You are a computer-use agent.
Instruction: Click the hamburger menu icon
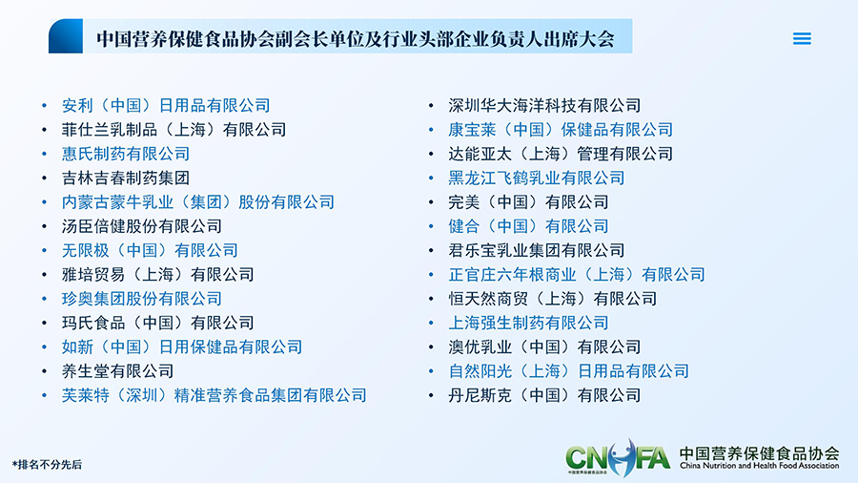point(802,38)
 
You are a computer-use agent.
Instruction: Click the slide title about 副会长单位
point(356,39)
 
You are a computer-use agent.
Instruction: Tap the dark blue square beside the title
point(66,36)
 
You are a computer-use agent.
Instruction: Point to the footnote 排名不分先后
point(47,465)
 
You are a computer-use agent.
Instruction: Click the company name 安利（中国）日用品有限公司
point(166,105)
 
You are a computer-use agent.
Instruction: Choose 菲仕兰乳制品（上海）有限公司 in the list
point(174,129)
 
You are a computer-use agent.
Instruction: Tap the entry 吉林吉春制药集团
point(126,178)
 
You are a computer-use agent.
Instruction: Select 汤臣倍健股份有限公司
point(142,225)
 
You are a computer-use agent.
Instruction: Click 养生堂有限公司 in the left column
point(117,370)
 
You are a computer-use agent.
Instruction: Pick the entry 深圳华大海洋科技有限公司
point(544,105)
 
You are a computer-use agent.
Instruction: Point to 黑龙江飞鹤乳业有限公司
point(536,178)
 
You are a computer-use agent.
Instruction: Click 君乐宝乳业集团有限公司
point(536,250)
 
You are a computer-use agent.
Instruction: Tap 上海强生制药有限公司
point(528,323)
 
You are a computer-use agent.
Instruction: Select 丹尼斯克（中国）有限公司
point(544,395)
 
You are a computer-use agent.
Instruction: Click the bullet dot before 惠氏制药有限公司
point(44,154)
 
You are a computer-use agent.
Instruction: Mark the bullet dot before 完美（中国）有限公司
point(431,202)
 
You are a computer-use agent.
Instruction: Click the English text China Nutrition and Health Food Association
point(759,466)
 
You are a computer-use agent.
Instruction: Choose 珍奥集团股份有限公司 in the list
point(142,299)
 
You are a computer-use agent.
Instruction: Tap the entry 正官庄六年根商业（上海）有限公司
point(577,274)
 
